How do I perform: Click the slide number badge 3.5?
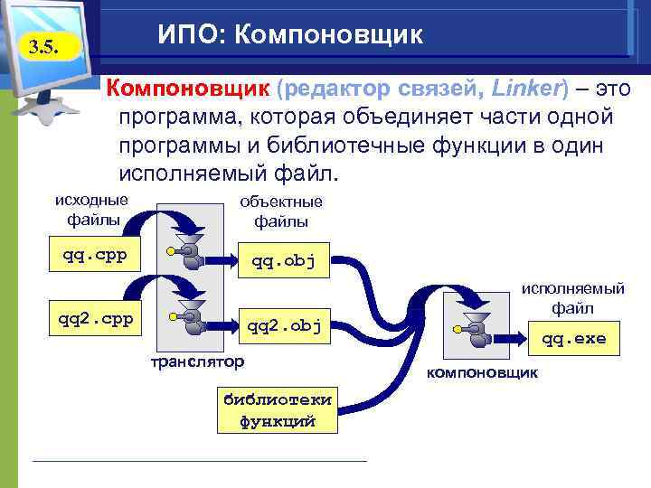[x=40, y=47]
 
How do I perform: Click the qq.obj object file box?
[x=283, y=261]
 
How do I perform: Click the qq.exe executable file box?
[x=574, y=340]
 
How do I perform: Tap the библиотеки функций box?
[x=277, y=410]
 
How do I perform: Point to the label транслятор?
[x=197, y=361]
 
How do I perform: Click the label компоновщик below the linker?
[x=483, y=371]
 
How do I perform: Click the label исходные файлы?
[x=92, y=209]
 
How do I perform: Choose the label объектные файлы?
[x=281, y=211]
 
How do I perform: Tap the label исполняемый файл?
[x=575, y=298]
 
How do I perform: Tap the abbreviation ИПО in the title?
[x=191, y=34]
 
